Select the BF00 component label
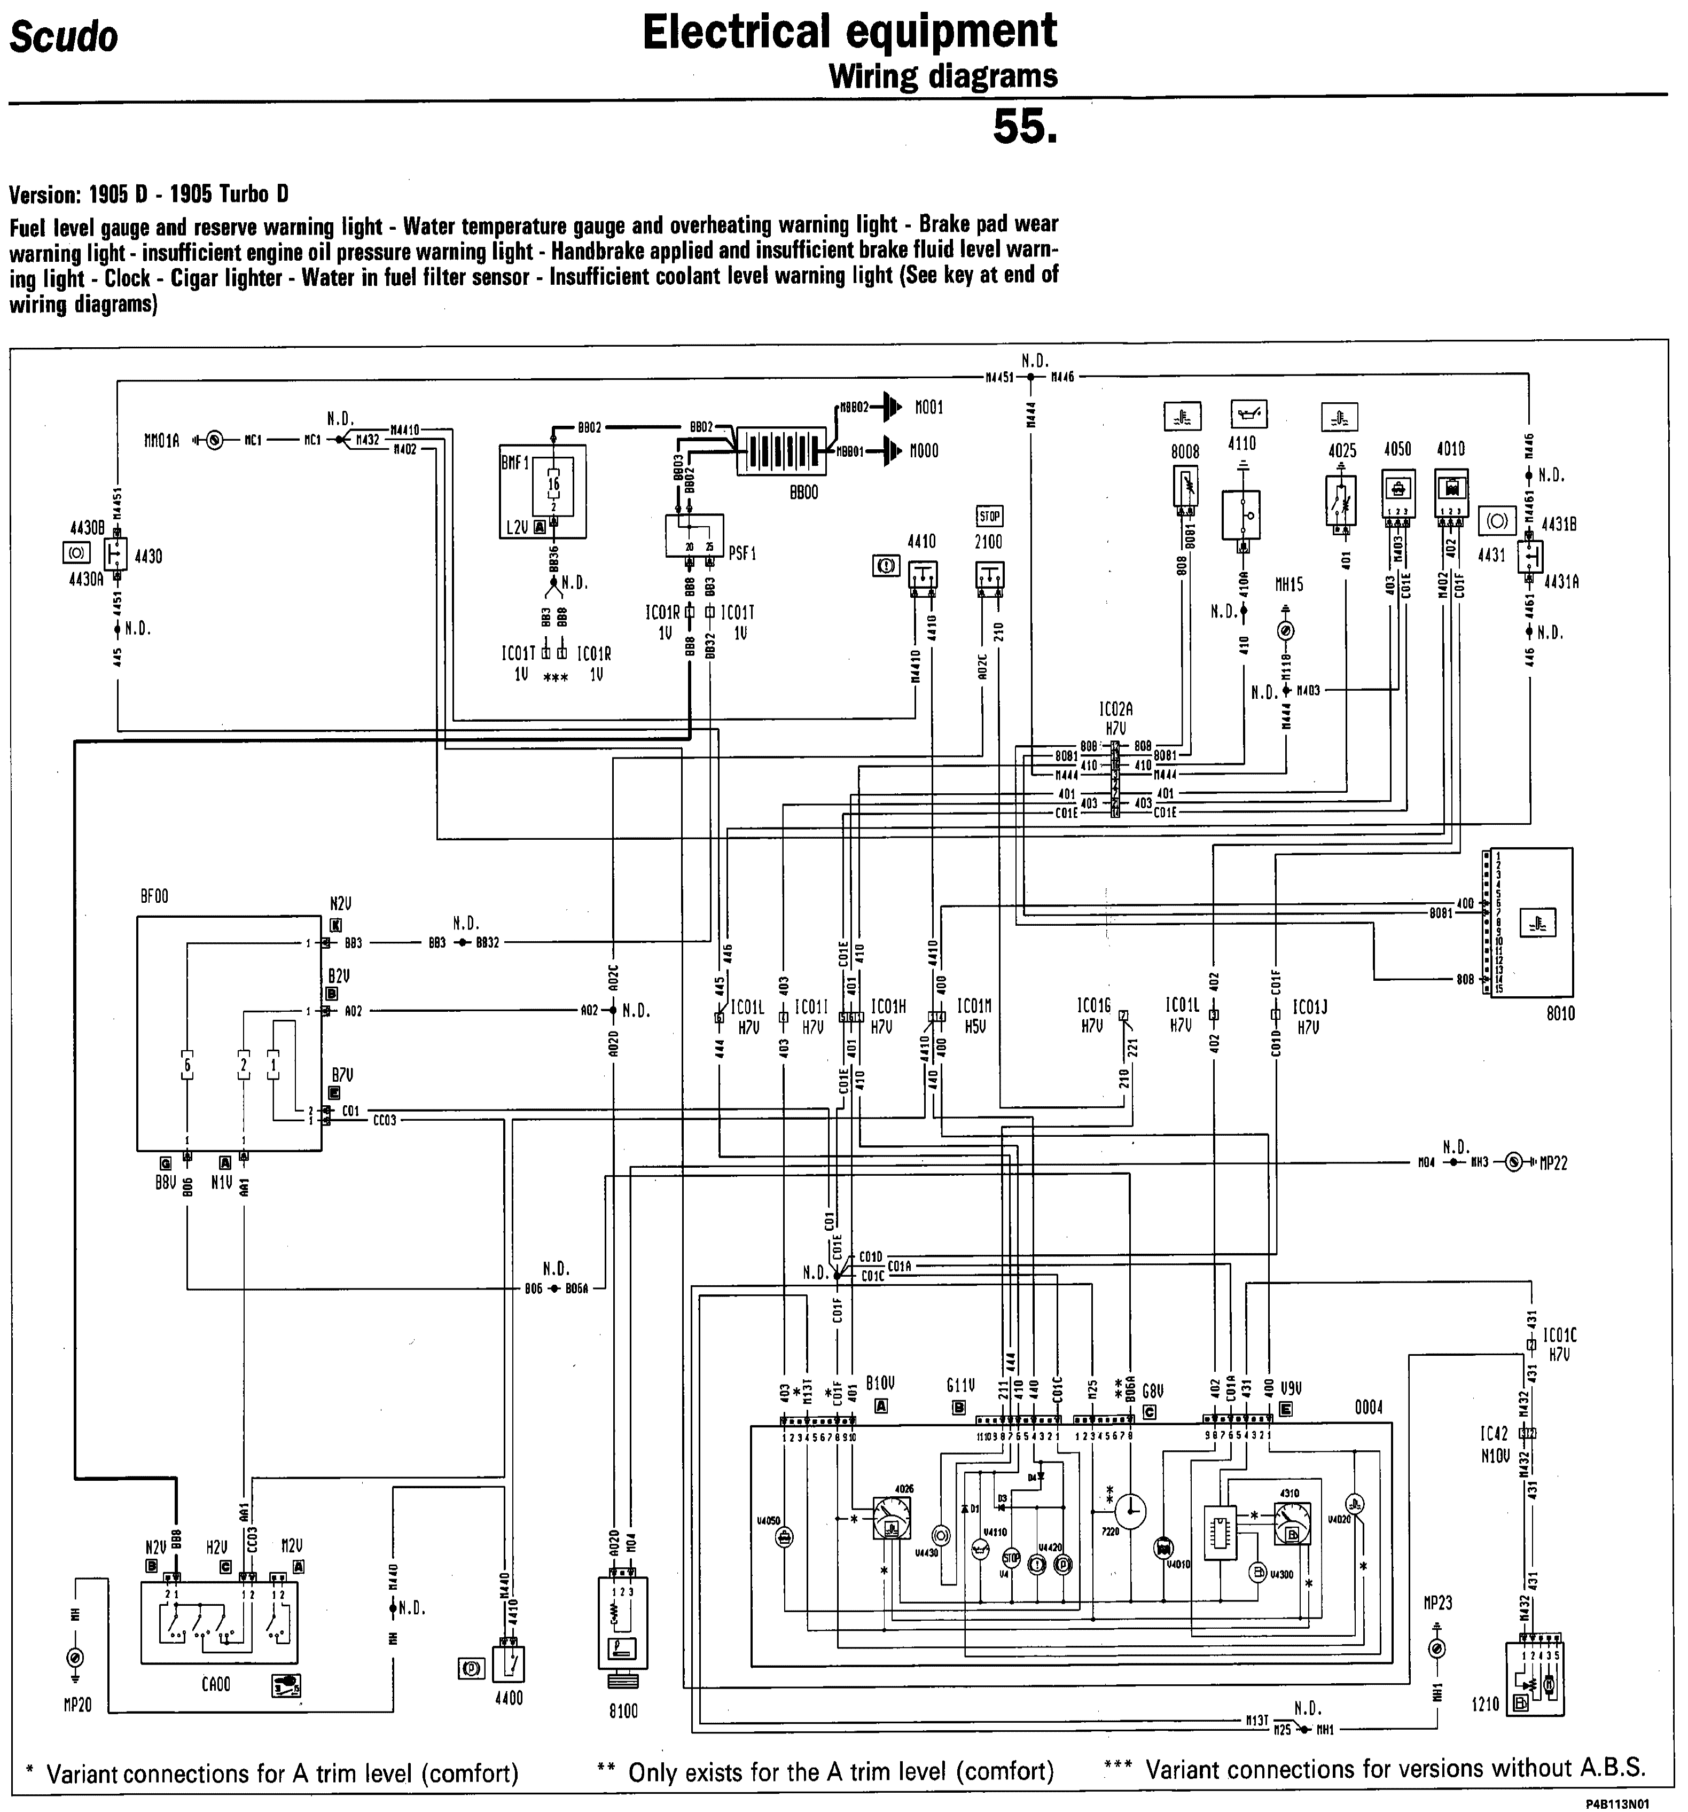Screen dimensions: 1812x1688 [154, 897]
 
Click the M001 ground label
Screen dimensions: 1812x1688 [929, 408]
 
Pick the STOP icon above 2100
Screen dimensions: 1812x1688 [989, 517]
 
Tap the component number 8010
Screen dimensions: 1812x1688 [1560, 1013]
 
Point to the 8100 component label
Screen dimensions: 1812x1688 [623, 1711]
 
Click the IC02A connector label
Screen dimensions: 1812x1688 [1115, 708]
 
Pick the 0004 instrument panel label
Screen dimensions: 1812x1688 [1368, 1408]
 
